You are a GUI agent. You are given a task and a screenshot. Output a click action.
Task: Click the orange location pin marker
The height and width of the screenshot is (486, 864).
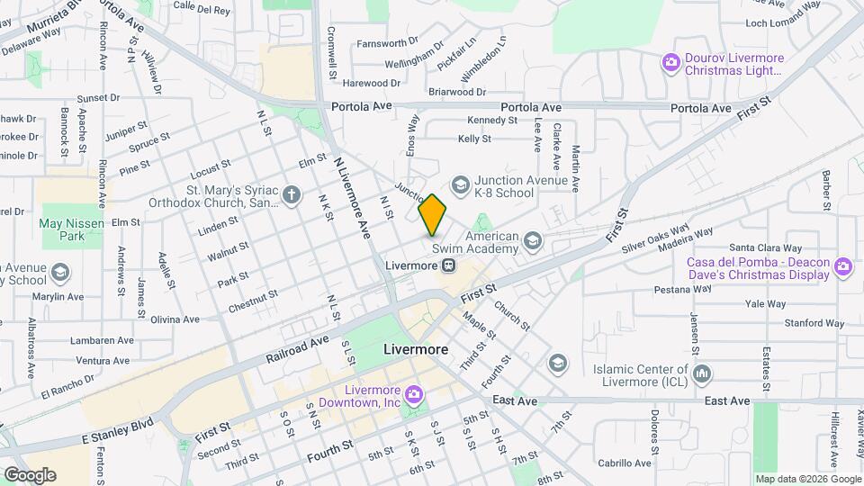click(x=432, y=215)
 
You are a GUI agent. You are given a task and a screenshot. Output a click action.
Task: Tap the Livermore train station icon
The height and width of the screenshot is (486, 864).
click(x=447, y=265)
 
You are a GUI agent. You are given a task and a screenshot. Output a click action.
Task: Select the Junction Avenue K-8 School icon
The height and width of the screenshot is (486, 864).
click(x=461, y=185)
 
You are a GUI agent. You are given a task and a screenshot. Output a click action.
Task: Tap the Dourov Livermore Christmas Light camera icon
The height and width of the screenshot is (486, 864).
click(x=670, y=62)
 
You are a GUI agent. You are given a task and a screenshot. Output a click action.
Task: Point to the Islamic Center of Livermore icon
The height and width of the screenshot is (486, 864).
click(x=704, y=372)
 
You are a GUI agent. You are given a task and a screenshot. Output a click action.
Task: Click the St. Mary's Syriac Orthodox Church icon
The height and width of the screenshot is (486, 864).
click(x=291, y=193)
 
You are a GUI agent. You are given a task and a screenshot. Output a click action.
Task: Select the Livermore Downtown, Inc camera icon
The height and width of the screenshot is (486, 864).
click(x=413, y=392)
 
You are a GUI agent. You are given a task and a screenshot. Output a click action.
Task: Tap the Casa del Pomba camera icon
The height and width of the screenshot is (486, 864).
click(x=842, y=265)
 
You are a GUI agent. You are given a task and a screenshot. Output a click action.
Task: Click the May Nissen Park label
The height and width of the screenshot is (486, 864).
click(x=62, y=229)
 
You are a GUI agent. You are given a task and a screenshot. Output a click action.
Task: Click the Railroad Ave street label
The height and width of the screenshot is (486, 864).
click(x=298, y=350)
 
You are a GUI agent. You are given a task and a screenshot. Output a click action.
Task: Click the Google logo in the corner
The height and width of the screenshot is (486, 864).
click(x=30, y=474)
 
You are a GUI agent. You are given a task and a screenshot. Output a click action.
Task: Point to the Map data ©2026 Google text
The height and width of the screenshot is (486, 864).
click(x=807, y=479)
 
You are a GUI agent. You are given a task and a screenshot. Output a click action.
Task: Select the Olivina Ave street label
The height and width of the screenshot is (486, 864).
click(x=174, y=319)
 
